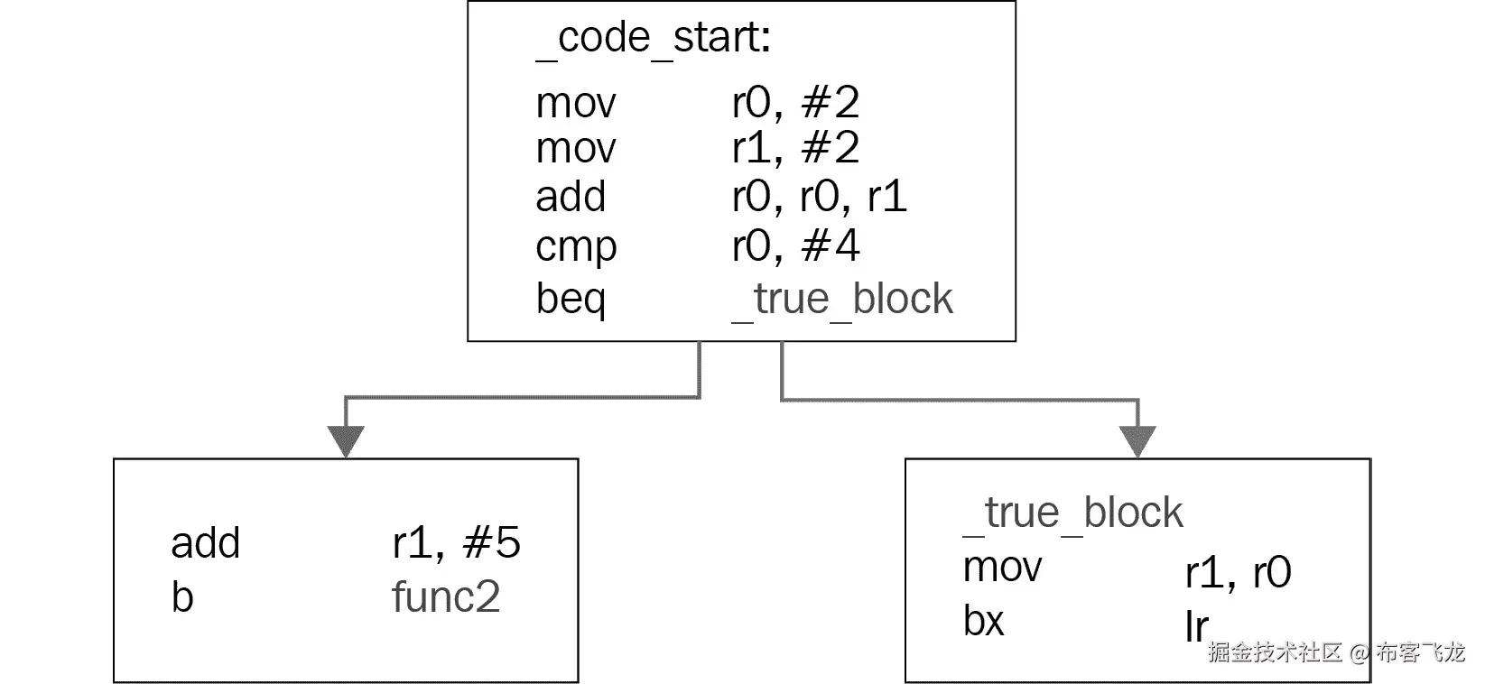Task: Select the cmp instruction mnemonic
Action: (x=575, y=246)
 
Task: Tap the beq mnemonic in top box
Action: (x=570, y=299)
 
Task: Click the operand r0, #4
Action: (x=795, y=245)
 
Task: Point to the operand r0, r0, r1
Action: (x=819, y=197)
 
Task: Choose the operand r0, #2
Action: (x=795, y=103)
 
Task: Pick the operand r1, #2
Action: (x=795, y=148)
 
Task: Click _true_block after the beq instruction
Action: (x=841, y=299)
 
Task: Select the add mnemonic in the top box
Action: (x=570, y=197)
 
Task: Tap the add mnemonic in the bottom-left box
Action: (x=205, y=543)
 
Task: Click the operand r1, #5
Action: (x=456, y=543)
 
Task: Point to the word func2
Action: (x=445, y=597)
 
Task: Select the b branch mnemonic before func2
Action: (x=181, y=597)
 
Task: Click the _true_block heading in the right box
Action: (x=1072, y=513)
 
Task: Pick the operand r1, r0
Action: (x=1238, y=572)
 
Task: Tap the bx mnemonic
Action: (x=983, y=621)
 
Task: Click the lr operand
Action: (x=1196, y=626)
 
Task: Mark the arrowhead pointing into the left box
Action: (x=346, y=440)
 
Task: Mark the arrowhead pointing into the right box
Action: (x=1137, y=440)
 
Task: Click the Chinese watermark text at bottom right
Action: (x=1336, y=652)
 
